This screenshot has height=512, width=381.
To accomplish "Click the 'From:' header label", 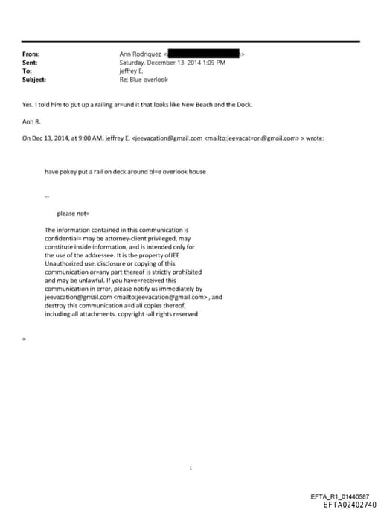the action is pos(31,54).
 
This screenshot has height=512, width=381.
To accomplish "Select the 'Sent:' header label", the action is pos(31,63).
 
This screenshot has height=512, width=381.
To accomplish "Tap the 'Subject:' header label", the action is pos(34,79).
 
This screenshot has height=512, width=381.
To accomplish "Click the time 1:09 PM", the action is pos(213,63).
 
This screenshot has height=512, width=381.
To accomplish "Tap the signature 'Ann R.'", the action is pos(31,121).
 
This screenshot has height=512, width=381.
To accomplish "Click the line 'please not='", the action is pos(73,214).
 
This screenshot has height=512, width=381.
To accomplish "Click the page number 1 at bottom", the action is pos(190,468).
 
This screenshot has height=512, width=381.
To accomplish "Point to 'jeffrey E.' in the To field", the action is pos(132,71).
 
